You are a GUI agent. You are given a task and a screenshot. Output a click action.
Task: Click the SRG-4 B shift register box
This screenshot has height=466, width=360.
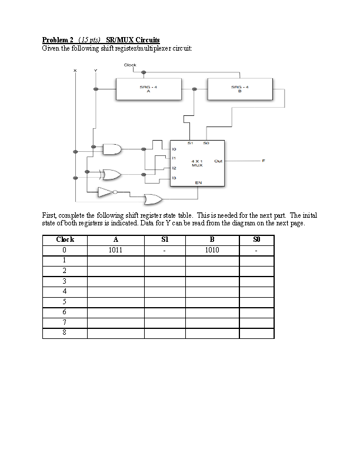[240, 89]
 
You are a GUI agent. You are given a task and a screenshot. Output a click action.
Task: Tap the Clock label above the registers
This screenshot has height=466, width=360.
[130, 65]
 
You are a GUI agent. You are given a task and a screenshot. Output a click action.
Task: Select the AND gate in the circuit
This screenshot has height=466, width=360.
[111, 149]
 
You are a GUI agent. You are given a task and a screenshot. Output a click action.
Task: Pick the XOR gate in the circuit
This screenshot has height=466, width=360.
[111, 175]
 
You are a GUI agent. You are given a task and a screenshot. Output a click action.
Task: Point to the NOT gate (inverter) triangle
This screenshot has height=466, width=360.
[106, 192]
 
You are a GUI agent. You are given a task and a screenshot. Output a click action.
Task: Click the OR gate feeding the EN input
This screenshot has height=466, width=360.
[154, 198]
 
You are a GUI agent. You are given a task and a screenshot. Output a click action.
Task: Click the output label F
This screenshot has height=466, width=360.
[264, 161]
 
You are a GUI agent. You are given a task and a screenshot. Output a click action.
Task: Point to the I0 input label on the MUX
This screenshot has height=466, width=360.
[174, 149]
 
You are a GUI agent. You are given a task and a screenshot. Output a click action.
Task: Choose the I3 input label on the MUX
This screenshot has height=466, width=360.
[174, 178]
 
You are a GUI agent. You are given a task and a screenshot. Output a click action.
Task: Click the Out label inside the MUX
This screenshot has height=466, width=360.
[218, 161]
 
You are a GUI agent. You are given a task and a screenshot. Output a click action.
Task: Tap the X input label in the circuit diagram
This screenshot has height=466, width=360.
[75, 71]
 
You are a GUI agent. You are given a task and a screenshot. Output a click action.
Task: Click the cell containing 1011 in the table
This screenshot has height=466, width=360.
[115, 250]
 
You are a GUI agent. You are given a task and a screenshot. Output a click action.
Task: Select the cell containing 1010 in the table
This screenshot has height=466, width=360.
[212, 250]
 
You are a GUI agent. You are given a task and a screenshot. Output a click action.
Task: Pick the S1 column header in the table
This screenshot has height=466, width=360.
[165, 239]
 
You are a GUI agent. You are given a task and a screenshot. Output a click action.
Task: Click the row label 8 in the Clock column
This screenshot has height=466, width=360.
[65, 332]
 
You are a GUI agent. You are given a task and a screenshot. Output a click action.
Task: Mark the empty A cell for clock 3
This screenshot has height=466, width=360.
[115, 281]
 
